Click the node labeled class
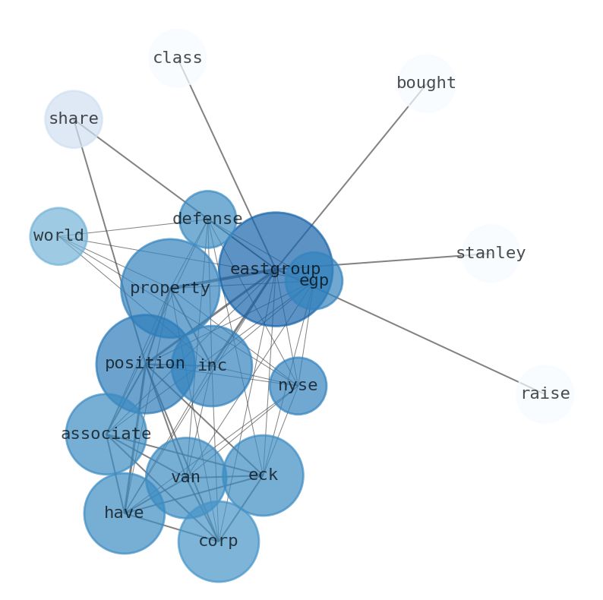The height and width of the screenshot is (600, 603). [177, 58]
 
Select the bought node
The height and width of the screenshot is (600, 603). [427, 84]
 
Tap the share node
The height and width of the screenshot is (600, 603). [74, 119]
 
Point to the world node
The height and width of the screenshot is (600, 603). [58, 236]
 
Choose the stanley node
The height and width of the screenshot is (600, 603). [491, 254]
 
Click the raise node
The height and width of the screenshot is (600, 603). [545, 394]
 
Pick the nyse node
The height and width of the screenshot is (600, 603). [298, 386]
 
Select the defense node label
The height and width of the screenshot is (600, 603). [207, 219]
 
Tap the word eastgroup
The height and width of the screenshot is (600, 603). [276, 269]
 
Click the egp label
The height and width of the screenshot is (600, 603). [314, 281]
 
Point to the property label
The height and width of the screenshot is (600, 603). [170, 288]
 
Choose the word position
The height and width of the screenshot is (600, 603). [145, 364]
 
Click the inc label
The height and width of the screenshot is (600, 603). [212, 366]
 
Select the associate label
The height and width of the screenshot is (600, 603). [106, 434]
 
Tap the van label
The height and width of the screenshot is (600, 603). [186, 478]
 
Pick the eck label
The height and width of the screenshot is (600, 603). [263, 475]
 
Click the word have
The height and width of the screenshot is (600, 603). [125, 513]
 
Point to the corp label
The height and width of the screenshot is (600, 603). [219, 542]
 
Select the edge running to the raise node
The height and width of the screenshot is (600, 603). [429, 337]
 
